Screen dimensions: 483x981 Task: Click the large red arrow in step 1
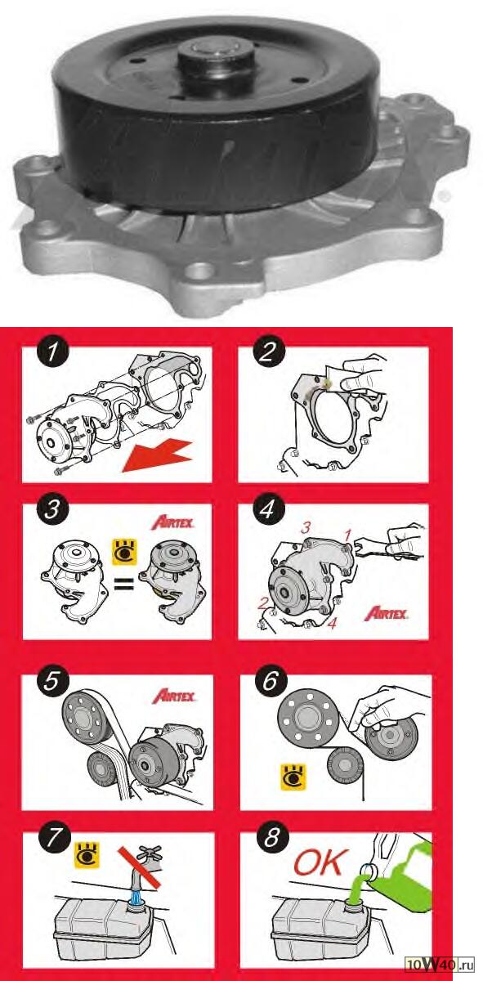157,457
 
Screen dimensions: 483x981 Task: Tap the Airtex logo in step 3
172,523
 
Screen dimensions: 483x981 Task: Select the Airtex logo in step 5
174,697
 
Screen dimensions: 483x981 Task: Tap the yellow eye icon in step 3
124,552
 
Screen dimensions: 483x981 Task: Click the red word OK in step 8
322,862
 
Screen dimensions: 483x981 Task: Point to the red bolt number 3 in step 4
306,528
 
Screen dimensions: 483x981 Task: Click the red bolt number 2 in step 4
262,604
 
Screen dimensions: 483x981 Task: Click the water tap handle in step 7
150,853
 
